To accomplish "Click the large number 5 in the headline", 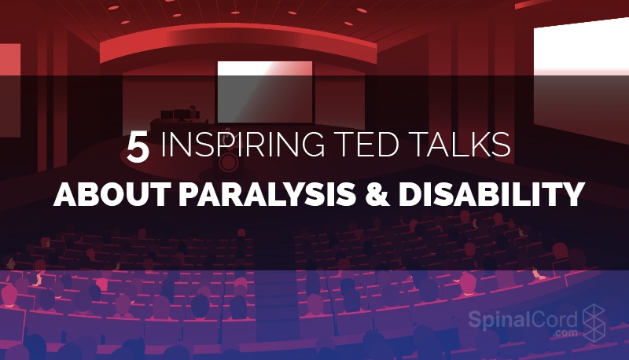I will pos(138,148).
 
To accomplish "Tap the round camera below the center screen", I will pos(230,163).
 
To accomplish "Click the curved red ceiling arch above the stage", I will pos(236,35).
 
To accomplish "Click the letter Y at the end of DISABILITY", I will pos(572,193).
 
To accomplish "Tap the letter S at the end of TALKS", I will pos(502,147).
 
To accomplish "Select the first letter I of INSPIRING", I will pos(164,147).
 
